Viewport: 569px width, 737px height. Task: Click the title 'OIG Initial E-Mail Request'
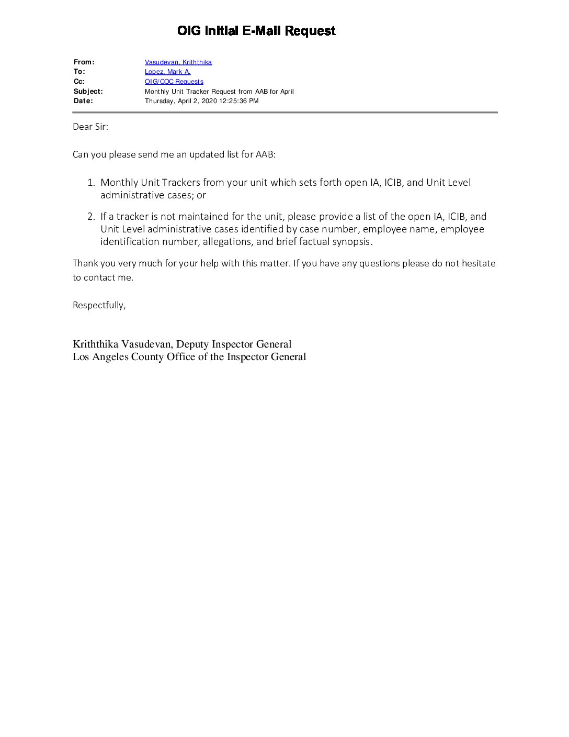(x=256, y=31)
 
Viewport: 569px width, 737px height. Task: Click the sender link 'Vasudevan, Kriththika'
(x=178, y=62)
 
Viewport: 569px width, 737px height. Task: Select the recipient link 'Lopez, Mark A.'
(x=167, y=72)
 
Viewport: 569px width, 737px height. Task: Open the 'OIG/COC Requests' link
(x=174, y=82)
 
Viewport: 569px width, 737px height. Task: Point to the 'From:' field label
(x=84, y=62)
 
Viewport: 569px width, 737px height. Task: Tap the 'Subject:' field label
(x=88, y=92)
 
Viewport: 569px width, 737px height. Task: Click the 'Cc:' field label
(x=79, y=82)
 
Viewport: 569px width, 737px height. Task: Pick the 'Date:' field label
(x=83, y=101)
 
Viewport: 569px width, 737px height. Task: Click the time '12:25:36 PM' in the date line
(x=238, y=101)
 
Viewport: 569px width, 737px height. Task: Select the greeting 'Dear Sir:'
(x=90, y=127)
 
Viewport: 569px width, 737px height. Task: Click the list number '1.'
(x=91, y=183)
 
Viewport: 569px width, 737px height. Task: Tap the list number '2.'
(x=91, y=217)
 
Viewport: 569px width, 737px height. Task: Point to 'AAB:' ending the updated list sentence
(x=265, y=154)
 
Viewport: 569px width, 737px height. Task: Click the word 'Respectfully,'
(x=99, y=305)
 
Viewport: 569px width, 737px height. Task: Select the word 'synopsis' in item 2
(x=351, y=242)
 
